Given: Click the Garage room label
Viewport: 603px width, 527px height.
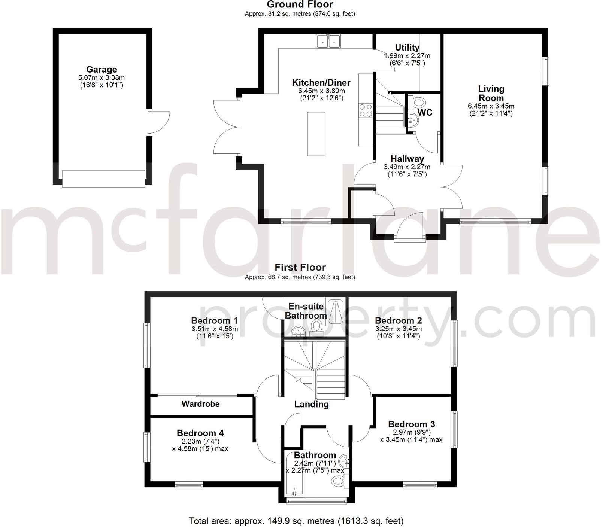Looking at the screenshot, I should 101,70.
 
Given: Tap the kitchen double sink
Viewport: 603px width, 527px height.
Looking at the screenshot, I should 328,41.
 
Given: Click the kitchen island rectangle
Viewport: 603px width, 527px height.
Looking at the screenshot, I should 316,134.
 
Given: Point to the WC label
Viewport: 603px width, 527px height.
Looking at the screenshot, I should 425,113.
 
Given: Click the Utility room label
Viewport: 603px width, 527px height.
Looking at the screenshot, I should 407,48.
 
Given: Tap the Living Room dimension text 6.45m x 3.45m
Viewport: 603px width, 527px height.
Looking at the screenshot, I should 491,106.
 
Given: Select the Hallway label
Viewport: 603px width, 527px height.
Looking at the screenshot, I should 407,159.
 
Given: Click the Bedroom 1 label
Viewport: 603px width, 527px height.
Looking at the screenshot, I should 214,320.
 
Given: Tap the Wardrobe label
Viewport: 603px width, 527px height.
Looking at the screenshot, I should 200,404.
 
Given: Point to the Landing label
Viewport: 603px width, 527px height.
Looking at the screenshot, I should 311,404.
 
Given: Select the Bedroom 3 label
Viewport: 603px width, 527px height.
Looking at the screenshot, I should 411,424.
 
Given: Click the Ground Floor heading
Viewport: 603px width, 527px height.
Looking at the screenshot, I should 300,5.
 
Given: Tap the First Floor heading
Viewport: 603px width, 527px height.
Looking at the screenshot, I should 300,267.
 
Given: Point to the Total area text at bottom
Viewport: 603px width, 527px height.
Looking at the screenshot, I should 296,521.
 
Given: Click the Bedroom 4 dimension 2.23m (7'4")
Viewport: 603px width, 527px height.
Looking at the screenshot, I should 200,441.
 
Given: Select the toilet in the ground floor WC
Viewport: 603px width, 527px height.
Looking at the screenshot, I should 418,102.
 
